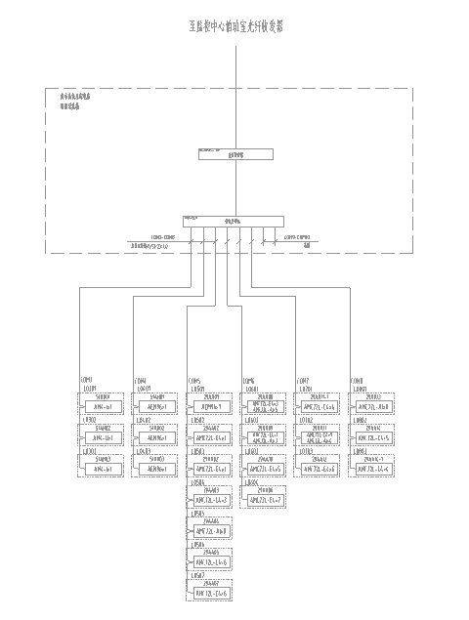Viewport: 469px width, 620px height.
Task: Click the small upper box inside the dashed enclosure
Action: tap(234, 153)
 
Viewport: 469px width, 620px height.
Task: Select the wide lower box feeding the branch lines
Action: tap(233, 221)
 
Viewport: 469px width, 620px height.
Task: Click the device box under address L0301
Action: tap(102, 406)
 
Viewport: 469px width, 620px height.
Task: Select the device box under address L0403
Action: tap(156, 470)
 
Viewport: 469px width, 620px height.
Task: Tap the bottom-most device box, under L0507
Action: tap(211, 594)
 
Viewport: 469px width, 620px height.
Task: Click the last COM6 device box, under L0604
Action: tap(266, 501)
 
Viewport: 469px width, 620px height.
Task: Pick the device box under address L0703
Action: tap(320, 470)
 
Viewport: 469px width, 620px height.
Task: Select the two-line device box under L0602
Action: tap(266, 437)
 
